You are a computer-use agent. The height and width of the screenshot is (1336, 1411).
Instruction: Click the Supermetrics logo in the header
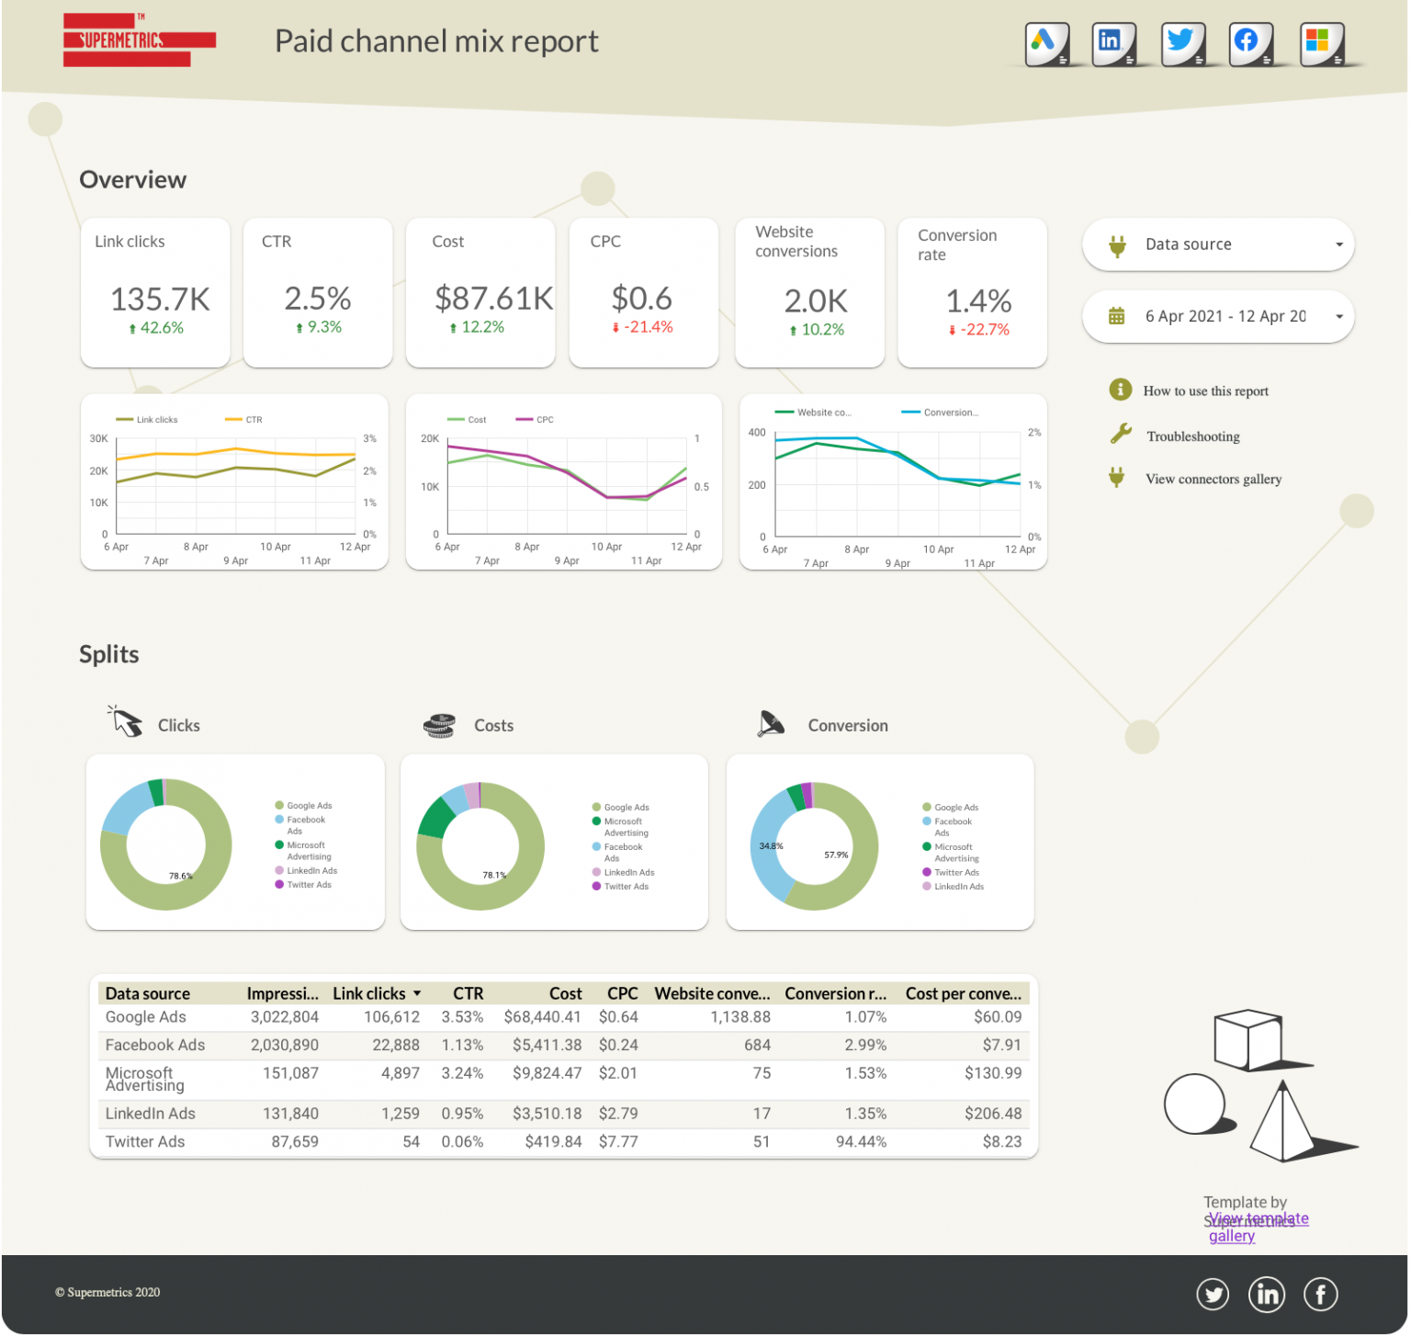click(x=139, y=40)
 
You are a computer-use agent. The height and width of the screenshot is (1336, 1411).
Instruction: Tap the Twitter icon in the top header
click(x=1182, y=43)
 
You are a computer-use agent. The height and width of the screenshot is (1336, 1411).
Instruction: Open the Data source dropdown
click(x=1217, y=244)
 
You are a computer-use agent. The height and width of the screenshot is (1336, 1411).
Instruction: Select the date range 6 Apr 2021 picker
click(x=1217, y=316)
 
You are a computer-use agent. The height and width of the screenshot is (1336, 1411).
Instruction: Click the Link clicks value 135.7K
click(x=160, y=299)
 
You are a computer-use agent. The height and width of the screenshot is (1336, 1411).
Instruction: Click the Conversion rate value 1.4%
click(x=978, y=300)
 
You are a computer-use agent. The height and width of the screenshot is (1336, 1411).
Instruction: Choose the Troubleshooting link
click(x=1192, y=436)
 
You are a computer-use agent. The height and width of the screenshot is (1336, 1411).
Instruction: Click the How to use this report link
click(x=1205, y=391)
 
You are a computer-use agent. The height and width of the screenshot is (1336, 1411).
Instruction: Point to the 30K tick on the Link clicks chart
click(x=98, y=439)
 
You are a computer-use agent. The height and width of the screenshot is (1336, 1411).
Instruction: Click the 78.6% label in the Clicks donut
click(x=180, y=876)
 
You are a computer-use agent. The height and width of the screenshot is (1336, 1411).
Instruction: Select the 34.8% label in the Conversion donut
click(x=771, y=845)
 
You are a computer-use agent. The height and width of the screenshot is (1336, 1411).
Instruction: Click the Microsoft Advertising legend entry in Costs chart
click(x=625, y=827)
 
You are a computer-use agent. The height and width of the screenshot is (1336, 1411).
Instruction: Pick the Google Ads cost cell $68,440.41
click(x=542, y=1017)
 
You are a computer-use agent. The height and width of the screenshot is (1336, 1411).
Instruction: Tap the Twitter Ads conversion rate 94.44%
click(x=861, y=1141)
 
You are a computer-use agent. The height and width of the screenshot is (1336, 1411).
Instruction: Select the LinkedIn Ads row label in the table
click(x=151, y=1114)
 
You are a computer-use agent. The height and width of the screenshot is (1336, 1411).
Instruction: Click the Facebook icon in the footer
click(x=1321, y=1295)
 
